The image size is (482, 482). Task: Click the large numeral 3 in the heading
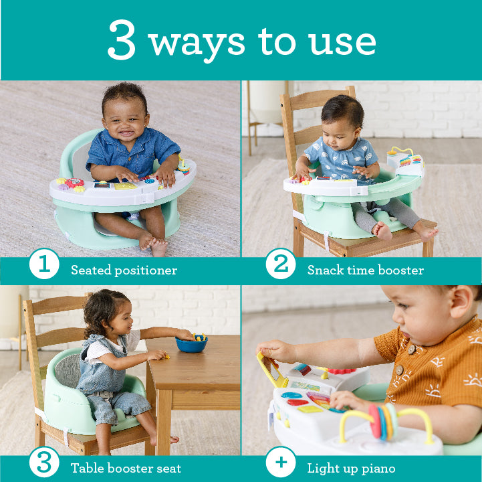pos(122,39)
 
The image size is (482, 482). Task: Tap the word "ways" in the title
pos(196,45)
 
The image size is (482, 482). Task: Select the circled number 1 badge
pos(44,264)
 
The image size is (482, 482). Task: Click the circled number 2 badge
pos(281,264)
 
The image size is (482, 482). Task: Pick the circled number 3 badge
pos(44,462)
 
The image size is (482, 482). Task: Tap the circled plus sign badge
pos(281,462)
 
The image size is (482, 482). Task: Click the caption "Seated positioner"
pos(124,270)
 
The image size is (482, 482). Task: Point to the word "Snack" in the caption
pos(326,270)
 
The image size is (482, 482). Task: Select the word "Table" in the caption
pos(88,468)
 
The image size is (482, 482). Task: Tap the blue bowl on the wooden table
pos(191,343)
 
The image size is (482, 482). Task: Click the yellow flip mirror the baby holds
pos(271,370)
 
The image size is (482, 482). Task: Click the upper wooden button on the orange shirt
pos(411,349)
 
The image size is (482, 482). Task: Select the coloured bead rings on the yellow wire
pos(383,421)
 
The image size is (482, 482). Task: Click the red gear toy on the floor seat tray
pos(74,183)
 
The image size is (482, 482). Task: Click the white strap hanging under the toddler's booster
pos(66,436)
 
